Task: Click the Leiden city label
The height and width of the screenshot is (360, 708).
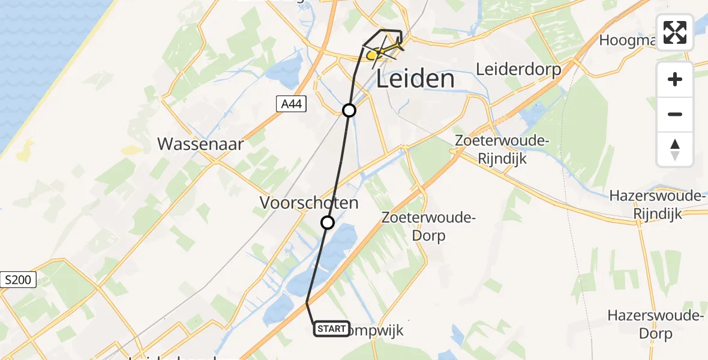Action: coord(415,79)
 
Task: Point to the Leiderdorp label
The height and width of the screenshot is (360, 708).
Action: coord(518,69)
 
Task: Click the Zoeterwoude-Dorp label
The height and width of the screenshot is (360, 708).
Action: coord(428,226)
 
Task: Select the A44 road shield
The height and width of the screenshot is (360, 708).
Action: coord(292,104)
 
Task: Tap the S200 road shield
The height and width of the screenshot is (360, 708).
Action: coord(19,280)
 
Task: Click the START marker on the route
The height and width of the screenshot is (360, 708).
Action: coord(331,329)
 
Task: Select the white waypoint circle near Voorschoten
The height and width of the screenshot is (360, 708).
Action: coord(328,223)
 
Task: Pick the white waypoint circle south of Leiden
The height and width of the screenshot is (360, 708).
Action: coord(349,110)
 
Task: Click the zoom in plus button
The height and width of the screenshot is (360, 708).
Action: coord(675,79)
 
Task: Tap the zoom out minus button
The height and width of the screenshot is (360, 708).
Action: coord(675,114)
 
